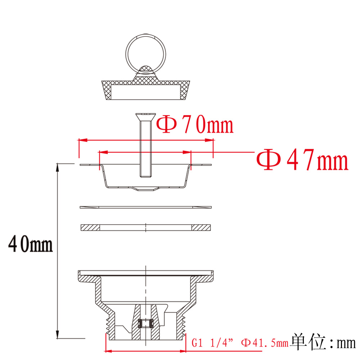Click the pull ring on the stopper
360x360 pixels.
[127, 54]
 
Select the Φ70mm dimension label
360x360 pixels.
[195, 125]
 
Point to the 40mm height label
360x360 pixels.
[30, 244]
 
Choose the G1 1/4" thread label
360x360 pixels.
[212, 343]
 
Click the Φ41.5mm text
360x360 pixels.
[265, 343]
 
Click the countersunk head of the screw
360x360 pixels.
[145, 117]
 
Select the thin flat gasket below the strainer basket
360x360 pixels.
[145, 207]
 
